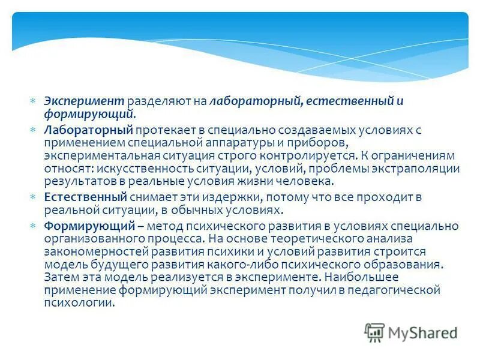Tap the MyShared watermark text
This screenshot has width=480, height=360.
click(x=424, y=331)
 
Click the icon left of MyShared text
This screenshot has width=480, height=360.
click(x=374, y=332)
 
